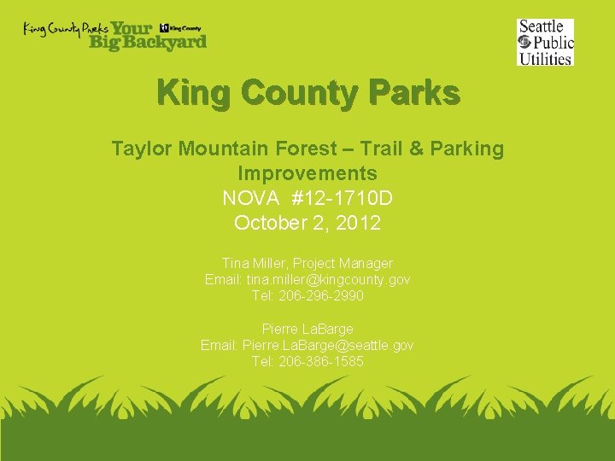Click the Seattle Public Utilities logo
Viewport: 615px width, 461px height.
[x=545, y=42]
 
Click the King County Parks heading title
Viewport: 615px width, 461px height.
[x=307, y=93]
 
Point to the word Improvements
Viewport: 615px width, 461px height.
[x=307, y=174]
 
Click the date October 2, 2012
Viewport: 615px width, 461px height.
[x=307, y=224]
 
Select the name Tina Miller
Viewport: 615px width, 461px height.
[x=254, y=264]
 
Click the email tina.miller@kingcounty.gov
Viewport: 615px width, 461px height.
[x=328, y=280]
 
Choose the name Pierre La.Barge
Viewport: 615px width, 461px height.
[x=307, y=329]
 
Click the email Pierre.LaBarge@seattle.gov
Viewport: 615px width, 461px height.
[x=328, y=345]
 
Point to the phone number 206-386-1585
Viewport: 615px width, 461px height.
[x=320, y=361]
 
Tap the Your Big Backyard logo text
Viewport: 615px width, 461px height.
[x=147, y=35]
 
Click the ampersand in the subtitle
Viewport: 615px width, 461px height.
[x=416, y=149]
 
